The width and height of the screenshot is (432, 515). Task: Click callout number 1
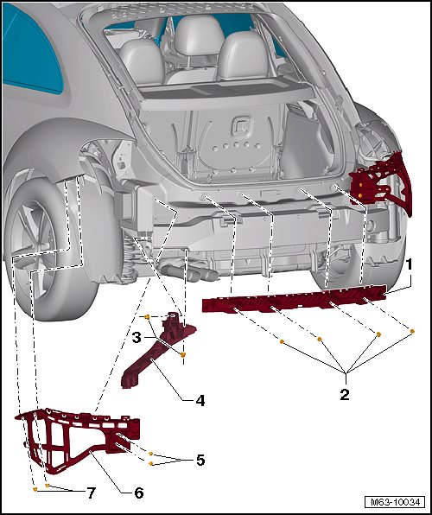pyautogui.click(x=409, y=264)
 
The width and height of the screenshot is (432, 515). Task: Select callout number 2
pyautogui.click(x=345, y=395)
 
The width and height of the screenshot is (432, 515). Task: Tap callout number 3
pyautogui.click(x=137, y=337)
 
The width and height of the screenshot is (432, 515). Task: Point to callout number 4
pyautogui.click(x=200, y=400)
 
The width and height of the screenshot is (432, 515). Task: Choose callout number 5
pyautogui.click(x=200, y=460)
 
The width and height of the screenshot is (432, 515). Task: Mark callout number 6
pyautogui.click(x=139, y=493)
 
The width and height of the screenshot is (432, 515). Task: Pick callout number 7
pyautogui.click(x=91, y=493)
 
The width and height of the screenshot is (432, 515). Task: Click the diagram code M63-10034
pyautogui.click(x=395, y=502)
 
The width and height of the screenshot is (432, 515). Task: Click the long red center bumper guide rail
pyautogui.click(x=294, y=297)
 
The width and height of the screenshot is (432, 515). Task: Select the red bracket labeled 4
pyautogui.click(x=155, y=355)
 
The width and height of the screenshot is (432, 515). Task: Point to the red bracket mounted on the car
pyautogui.click(x=381, y=181)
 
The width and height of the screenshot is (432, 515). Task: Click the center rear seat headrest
pyautogui.click(x=199, y=35)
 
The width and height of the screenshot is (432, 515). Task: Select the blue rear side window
pyautogui.click(x=30, y=49)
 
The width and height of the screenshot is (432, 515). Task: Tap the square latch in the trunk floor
pyautogui.click(x=241, y=126)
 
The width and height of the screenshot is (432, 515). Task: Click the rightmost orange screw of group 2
pyautogui.click(x=412, y=331)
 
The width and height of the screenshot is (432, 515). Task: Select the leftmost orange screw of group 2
pyautogui.click(x=282, y=342)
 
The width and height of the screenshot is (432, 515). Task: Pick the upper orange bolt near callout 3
pyautogui.click(x=147, y=317)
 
